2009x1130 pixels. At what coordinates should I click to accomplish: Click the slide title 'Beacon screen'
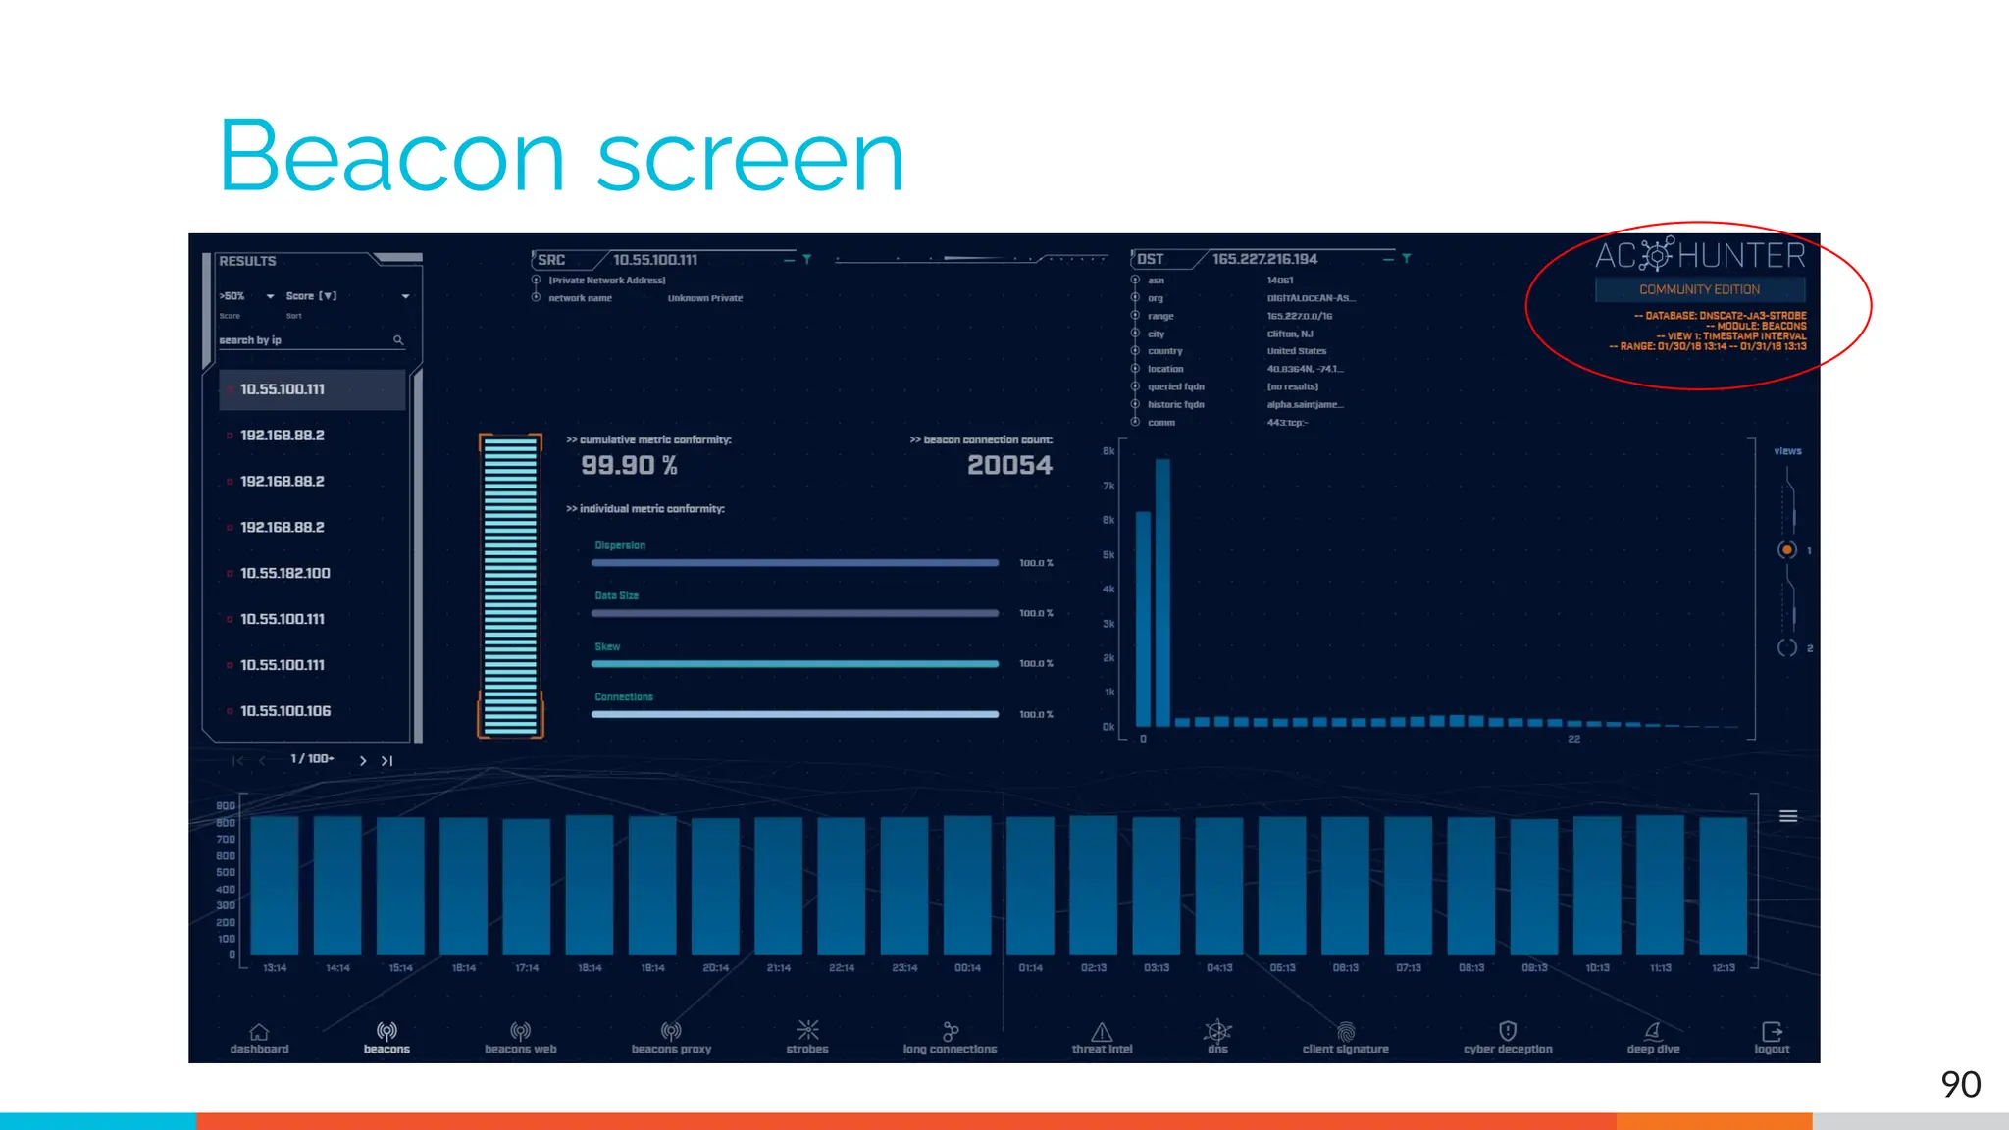click(x=561, y=157)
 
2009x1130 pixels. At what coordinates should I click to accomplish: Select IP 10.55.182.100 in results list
click(x=284, y=573)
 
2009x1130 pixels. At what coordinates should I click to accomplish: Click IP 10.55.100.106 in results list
click(x=284, y=711)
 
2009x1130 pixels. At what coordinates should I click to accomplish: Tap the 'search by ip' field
click(x=304, y=340)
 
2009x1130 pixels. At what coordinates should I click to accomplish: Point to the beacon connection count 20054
click(x=1009, y=466)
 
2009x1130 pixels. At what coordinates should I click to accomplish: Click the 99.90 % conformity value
click(x=629, y=466)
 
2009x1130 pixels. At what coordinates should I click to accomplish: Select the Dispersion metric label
click(x=620, y=545)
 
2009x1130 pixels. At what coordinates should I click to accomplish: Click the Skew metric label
click(x=607, y=646)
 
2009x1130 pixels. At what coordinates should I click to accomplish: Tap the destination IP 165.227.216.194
click(x=1264, y=259)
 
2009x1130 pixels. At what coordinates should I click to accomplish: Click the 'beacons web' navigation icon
click(x=521, y=1031)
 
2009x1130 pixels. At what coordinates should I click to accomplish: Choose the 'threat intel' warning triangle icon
click(x=1102, y=1032)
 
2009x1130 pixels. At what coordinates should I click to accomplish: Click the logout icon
click(x=1772, y=1032)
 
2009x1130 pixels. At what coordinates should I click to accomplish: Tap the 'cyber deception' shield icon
click(x=1508, y=1031)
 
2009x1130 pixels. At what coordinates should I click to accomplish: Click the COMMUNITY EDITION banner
click(x=1699, y=289)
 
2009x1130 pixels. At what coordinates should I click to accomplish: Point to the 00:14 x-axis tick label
click(x=967, y=968)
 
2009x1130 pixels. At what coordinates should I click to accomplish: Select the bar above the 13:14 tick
click(x=275, y=885)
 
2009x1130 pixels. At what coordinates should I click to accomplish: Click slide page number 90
click(x=1960, y=1084)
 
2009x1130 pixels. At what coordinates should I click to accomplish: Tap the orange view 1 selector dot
click(x=1787, y=550)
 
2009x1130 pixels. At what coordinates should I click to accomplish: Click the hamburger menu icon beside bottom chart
click(x=1788, y=816)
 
